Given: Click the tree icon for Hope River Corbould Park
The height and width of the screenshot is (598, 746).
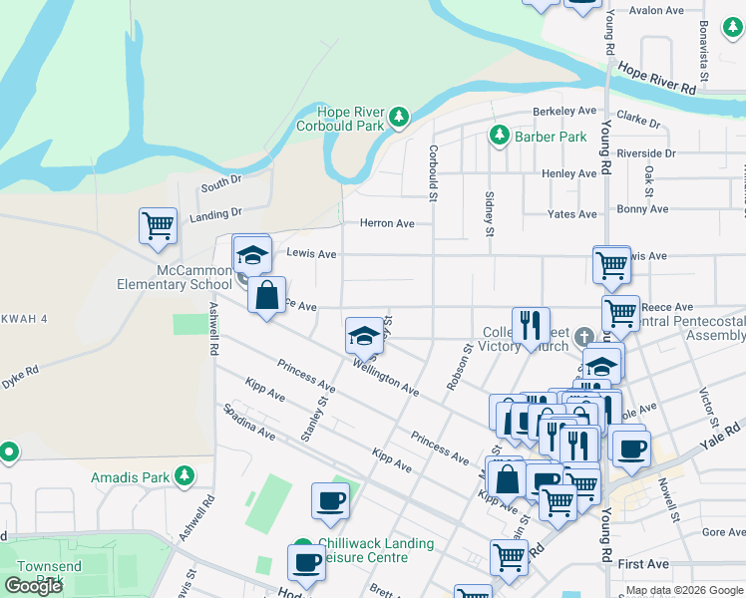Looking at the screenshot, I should (399, 118).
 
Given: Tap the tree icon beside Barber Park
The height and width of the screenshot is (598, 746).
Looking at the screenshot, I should (499, 136).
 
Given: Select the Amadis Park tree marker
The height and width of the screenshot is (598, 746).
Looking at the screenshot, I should (184, 476).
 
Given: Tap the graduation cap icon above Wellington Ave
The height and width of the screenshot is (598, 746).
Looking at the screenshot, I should (364, 335).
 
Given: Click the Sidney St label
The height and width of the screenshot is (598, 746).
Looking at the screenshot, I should (489, 214).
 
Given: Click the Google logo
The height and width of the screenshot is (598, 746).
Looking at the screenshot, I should (33, 586).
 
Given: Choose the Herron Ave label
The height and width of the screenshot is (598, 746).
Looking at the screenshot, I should (386, 224).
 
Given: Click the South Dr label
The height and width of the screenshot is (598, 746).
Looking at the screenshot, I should (220, 183).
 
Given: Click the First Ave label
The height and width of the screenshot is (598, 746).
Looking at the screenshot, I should (643, 564).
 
